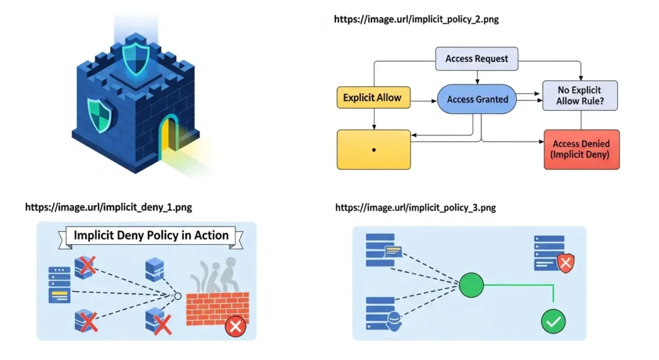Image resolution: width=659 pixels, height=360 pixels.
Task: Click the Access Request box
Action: coord(476,59)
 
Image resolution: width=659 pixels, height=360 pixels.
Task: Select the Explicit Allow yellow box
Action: coord(372,98)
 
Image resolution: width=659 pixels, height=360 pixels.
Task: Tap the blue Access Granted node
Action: coord(478,99)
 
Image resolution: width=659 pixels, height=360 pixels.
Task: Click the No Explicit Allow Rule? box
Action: coord(580,95)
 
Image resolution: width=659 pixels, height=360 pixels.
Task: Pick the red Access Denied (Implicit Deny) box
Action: coord(581,149)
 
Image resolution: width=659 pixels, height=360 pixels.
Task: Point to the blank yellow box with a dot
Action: coord(373,149)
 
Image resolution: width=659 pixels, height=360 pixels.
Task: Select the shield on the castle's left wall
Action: coord(99,116)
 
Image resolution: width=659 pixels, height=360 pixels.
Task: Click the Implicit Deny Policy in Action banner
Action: coord(151,236)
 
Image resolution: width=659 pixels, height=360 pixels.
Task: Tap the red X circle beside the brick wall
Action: coord(236,327)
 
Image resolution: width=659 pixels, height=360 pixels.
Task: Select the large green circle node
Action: coord(471,283)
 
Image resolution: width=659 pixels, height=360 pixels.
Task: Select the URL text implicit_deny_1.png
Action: coord(108,207)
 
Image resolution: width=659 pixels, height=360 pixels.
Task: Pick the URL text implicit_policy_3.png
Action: coord(416,207)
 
